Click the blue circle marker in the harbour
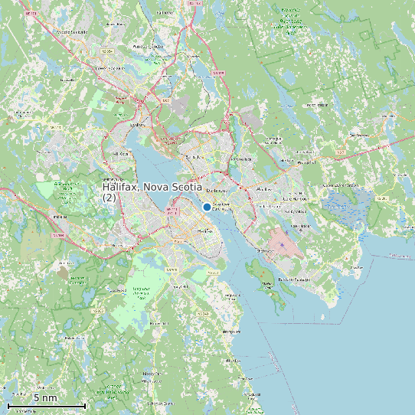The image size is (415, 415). click(207, 207)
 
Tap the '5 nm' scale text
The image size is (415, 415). click(45, 398)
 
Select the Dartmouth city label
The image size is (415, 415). click(220, 190)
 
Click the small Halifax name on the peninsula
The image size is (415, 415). click(204, 230)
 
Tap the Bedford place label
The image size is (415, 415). click(138, 123)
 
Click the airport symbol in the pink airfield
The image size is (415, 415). click(283, 244)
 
